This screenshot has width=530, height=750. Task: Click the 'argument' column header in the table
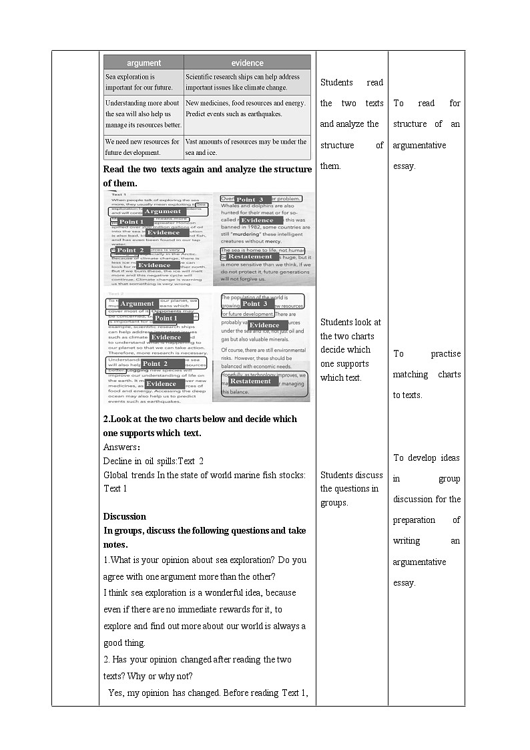point(144,63)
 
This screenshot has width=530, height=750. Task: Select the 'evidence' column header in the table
point(247,63)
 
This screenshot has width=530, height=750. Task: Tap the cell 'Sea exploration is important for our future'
point(143,82)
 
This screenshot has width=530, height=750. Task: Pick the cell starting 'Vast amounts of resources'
point(247,147)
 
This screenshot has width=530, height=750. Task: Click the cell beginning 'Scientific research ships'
point(247,82)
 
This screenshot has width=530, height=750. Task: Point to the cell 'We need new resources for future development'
point(143,147)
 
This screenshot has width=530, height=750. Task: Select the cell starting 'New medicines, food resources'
point(247,108)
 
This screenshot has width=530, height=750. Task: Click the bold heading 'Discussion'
point(124,516)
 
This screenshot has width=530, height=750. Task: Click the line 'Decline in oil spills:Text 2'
point(154,461)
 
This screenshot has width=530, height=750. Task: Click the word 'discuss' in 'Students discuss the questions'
point(369,475)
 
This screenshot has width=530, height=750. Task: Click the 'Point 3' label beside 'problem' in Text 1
point(251,200)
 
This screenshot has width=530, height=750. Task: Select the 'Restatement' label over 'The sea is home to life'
point(250,256)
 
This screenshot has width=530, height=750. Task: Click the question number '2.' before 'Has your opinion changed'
point(107,660)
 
